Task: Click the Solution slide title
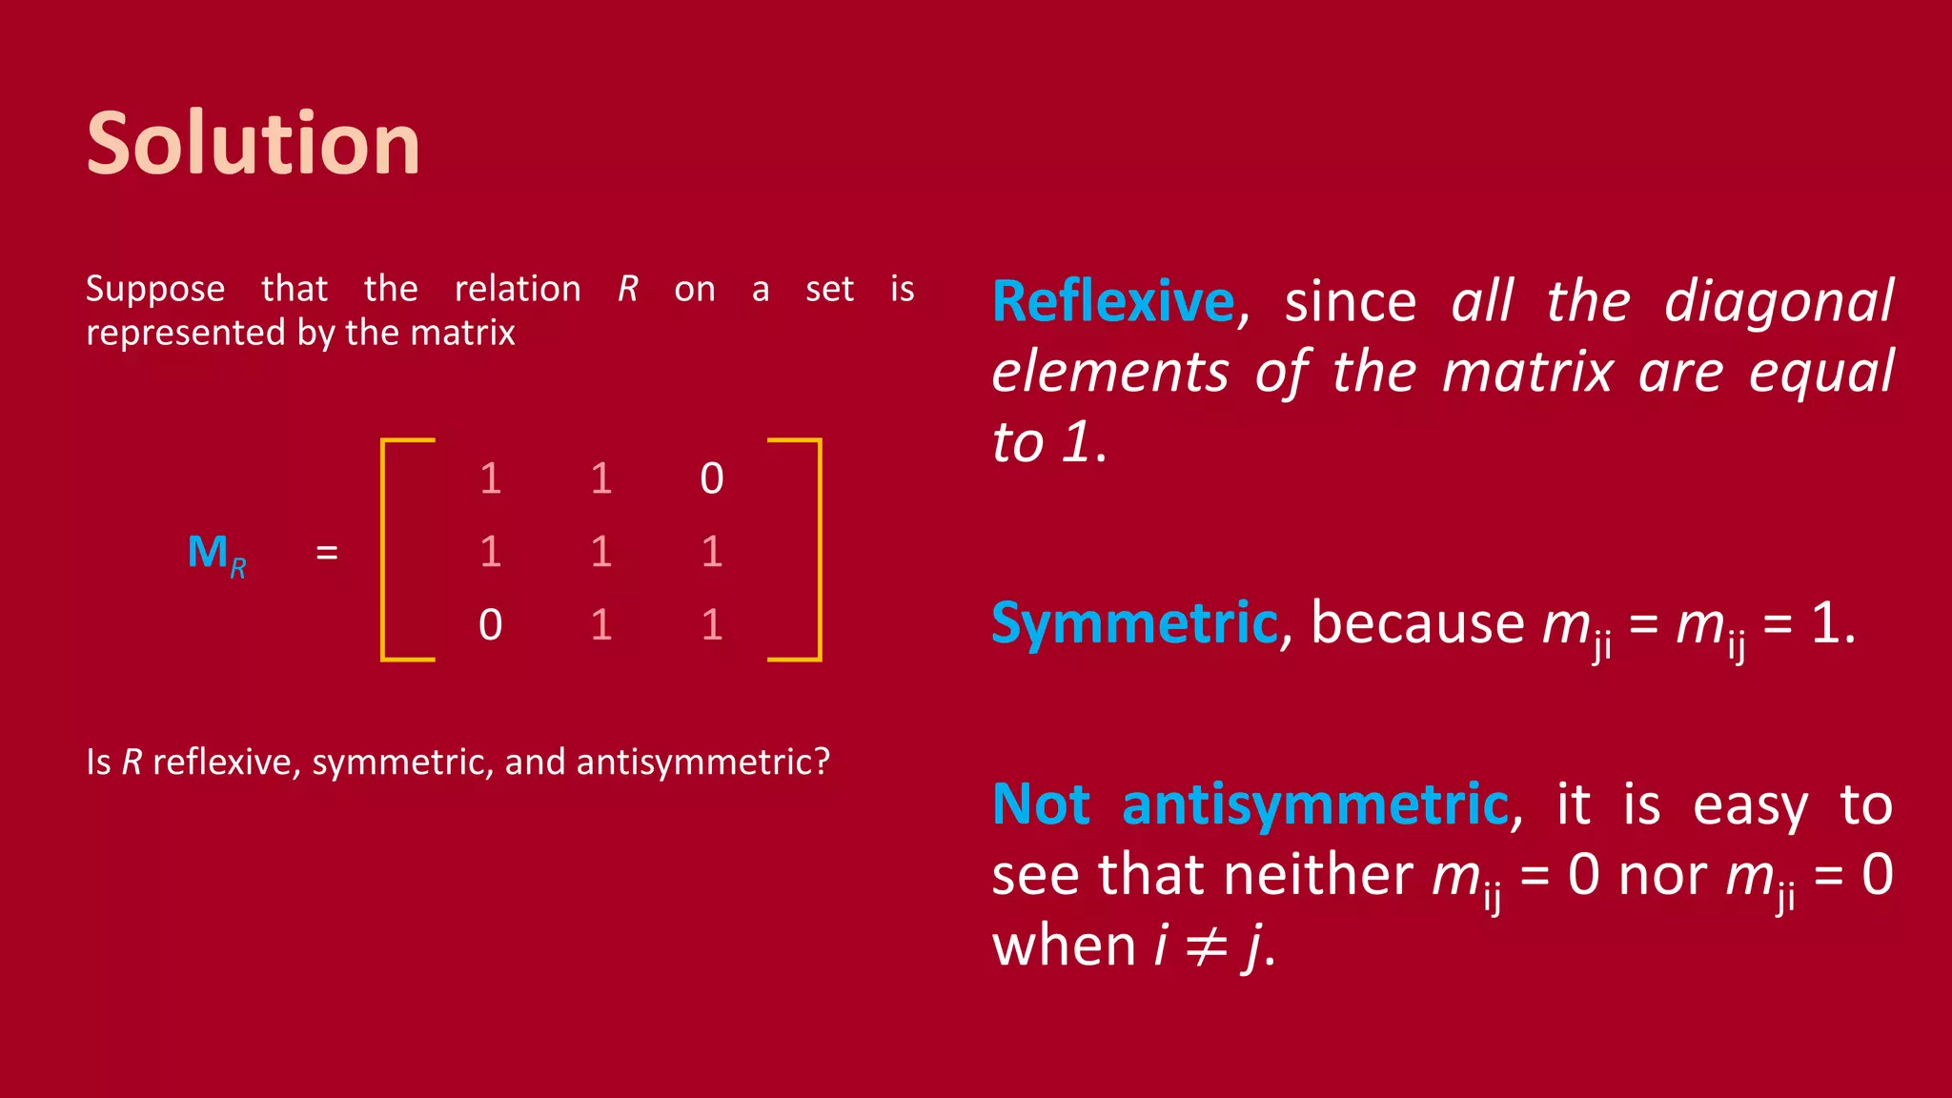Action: [x=253, y=144]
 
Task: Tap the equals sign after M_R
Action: [x=327, y=553]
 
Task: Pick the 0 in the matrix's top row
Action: [x=711, y=478]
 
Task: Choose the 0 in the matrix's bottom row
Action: [x=490, y=625]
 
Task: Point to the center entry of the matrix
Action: [x=600, y=552]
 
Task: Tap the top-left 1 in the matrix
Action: [x=490, y=478]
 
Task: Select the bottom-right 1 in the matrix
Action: [x=711, y=625]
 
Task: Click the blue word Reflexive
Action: [x=1113, y=302]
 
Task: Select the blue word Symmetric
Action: [x=1134, y=623]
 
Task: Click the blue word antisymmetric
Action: [x=1315, y=804]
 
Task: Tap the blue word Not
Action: [x=1041, y=804]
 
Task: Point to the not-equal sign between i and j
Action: [x=1207, y=946]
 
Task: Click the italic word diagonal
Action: [x=1779, y=302]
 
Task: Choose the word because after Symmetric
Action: [x=1417, y=623]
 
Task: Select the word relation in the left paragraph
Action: [x=518, y=289]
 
